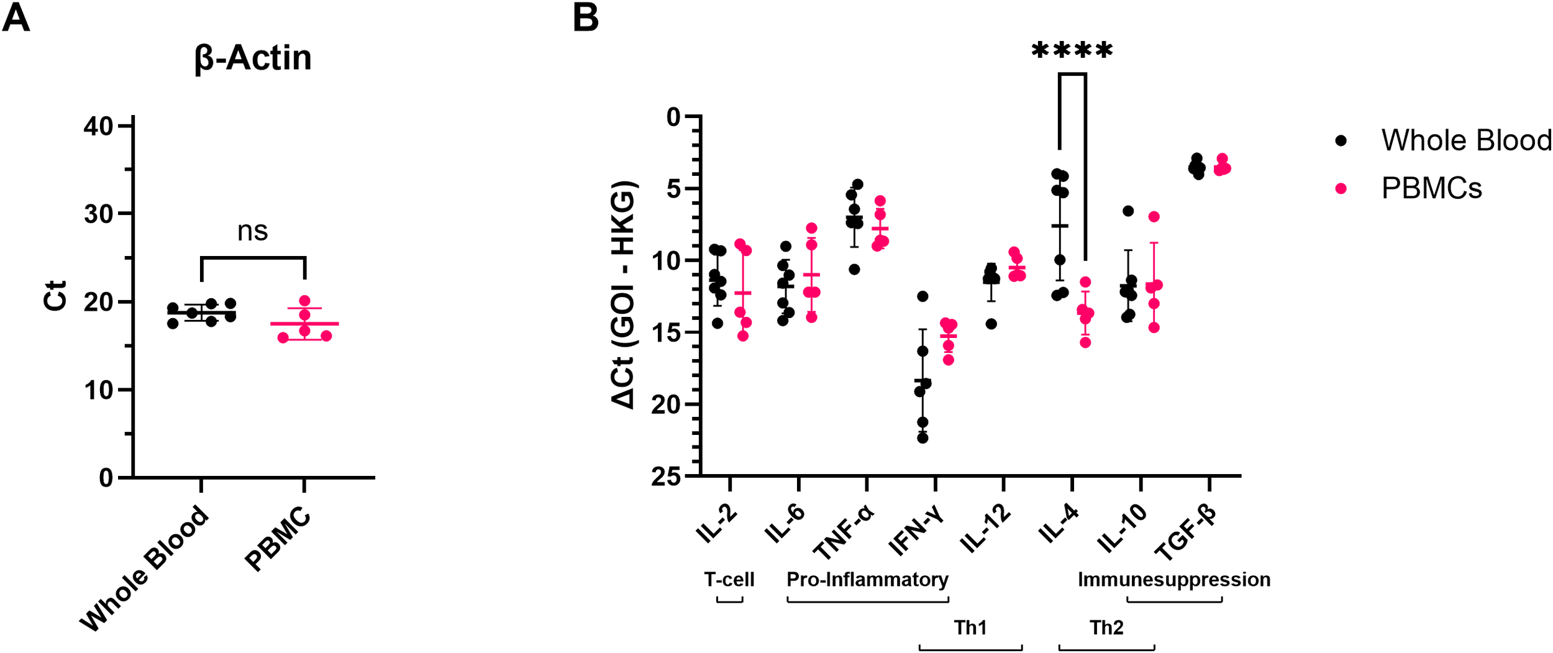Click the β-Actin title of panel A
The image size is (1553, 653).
coord(253,58)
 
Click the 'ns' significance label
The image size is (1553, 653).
coord(252,231)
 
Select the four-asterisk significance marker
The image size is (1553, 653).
coord(1072,51)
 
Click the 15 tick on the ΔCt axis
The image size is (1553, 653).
coord(667,333)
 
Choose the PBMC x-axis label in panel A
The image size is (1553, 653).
coord(278,539)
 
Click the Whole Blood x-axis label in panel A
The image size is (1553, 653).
coord(145,568)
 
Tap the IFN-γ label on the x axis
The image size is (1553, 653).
coord(916,529)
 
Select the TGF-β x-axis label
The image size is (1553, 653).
coord(1185,532)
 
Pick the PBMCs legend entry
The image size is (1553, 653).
coord(1431,188)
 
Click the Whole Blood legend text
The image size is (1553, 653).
coord(1466,140)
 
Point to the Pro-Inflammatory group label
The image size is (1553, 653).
coord(867,580)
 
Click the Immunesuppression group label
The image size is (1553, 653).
coord(1173,580)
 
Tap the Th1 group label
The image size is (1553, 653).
coord(970,628)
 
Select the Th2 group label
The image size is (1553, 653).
coord(1106,628)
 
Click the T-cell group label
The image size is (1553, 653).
coord(729,580)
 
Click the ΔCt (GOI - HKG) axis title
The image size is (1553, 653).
coord(623,295)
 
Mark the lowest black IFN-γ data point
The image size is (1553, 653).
coord(922,438)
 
